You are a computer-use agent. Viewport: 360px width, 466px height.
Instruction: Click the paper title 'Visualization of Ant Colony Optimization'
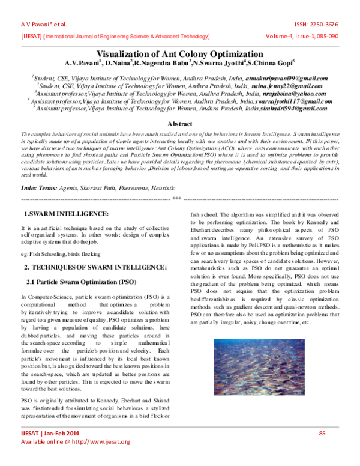[x=180, y=53]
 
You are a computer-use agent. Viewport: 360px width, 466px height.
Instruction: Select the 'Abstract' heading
[x=180, y=123]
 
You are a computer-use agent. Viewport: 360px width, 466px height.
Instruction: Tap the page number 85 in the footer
[x=322, y=434]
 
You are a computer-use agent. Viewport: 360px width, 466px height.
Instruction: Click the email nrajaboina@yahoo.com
[x=286, y=94]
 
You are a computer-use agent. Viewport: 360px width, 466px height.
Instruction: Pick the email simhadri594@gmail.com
[x=293, y=109]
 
